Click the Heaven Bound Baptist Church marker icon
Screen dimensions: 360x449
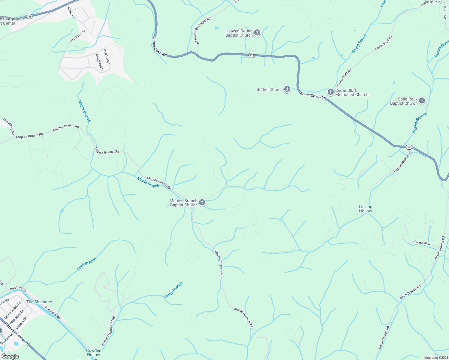tap(257, 32)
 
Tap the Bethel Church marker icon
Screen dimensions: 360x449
tap(287, 89)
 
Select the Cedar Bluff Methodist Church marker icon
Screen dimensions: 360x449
tap(330, 92)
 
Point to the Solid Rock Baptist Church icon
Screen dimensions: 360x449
tap(422, 100)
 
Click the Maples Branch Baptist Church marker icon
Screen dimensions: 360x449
tap(202, 202)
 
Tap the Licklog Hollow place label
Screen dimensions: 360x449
tap(365, 209)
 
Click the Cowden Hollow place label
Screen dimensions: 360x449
tap(94, 352)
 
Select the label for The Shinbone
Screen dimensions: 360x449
tap(39, 302)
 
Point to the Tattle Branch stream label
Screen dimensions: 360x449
tap(173, 290)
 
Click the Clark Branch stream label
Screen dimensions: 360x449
tap(87, 264)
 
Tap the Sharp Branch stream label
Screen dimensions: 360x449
tap(360, 43)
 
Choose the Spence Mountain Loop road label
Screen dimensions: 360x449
tap(107, 331)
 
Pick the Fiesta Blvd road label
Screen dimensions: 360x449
tap(422, 243)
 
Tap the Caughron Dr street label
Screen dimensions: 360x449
tap(99, 63)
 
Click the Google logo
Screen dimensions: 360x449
tap(10, 356)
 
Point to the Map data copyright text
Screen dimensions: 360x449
tap(436, 358)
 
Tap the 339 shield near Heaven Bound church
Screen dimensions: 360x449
tap(252, 55)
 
